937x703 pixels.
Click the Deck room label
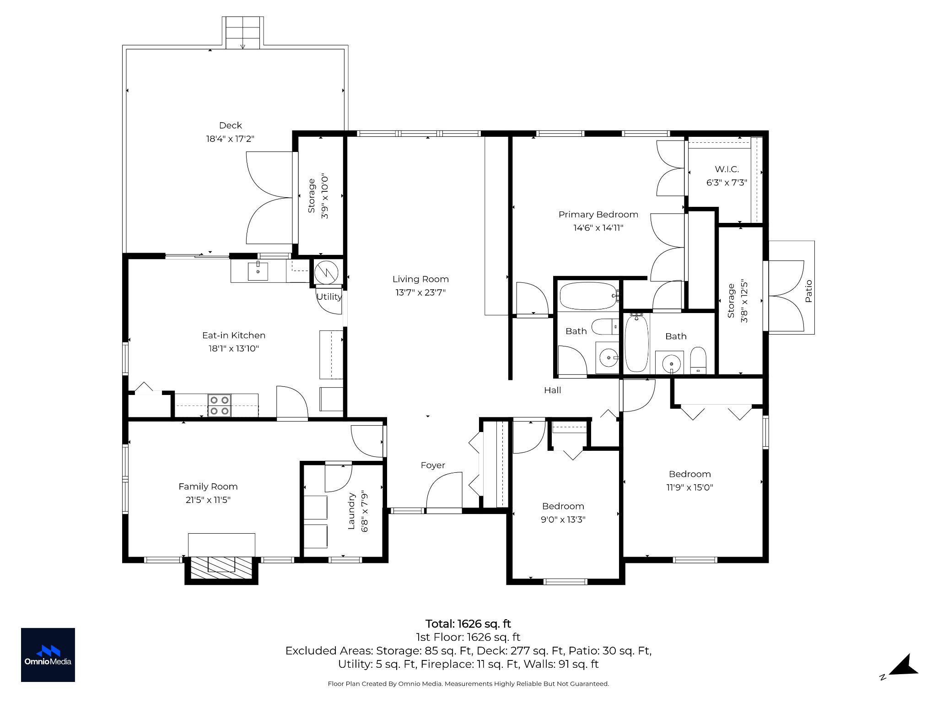[x=230, y=125]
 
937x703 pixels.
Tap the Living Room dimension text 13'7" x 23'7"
[x=420, y=292]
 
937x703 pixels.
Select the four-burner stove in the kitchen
[x=219, y=405]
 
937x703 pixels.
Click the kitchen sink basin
[x=258, y=271]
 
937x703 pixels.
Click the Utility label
[x=328, y=297]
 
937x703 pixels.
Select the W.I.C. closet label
[x=727, y=169]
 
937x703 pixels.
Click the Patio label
[x=808, y=291]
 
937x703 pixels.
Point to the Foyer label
[x=432, y=465]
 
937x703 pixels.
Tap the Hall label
[x=552, y=390]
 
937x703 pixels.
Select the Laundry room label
[x=351, y=511]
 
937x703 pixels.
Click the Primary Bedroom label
[x=598, y=215]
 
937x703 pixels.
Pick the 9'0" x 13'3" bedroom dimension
[x=563, y=519]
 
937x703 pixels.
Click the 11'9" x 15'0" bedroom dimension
[x=689, y=487]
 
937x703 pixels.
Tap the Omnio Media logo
[x=48, y=654]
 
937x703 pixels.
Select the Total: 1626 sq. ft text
[x=468, y=624]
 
